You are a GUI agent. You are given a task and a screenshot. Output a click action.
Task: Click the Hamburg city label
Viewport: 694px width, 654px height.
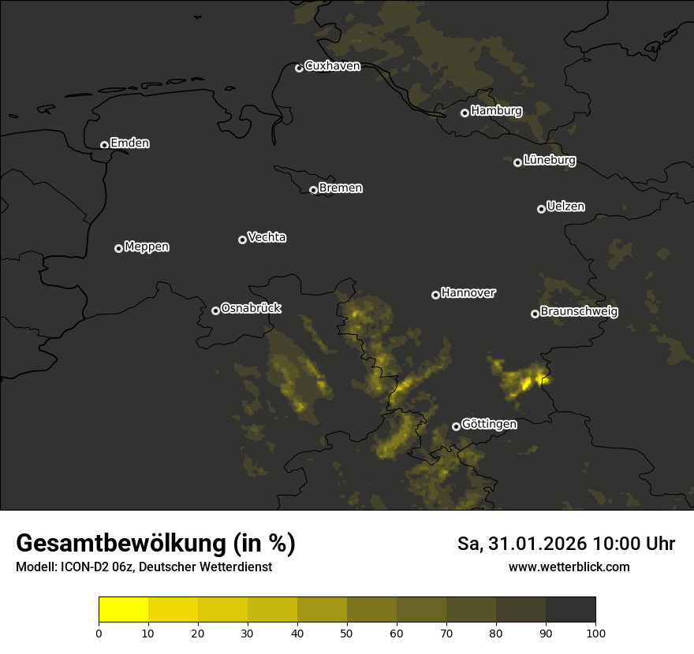pos(496,111)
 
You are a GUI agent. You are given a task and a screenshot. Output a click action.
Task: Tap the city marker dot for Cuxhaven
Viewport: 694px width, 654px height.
pos(299,68)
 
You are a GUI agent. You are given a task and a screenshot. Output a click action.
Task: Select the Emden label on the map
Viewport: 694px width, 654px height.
pos(129,143)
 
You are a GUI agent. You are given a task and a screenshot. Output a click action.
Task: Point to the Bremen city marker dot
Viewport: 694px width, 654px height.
pos(313,190)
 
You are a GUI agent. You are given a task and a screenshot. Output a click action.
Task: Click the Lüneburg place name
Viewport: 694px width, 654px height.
pos(549,161)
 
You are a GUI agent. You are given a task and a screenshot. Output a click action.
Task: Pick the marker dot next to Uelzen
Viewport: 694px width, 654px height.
pos(541,209)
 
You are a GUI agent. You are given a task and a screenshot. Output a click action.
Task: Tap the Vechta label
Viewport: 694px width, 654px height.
pos(267,237)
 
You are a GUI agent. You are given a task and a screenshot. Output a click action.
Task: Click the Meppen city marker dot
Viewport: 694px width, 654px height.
pos(118,248)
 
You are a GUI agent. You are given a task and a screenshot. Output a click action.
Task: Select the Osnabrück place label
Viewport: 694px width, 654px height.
pos(251,308)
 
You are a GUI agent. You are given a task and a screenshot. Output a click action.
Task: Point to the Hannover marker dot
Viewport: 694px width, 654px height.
pos(435,295)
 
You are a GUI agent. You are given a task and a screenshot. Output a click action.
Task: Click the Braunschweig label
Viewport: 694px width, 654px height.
pos(579,312)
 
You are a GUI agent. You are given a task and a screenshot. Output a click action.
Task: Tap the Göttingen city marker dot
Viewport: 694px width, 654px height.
pos(456,426)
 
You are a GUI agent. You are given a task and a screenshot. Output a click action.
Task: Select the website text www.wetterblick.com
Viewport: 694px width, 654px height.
pos(569,567)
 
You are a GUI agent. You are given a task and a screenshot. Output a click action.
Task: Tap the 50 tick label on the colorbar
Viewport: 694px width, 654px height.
pos(347,633)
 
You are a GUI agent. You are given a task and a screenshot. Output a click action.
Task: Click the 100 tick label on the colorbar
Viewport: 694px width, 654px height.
pos(595,633)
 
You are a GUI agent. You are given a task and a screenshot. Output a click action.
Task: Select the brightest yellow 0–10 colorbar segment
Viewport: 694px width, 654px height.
pos(124,610)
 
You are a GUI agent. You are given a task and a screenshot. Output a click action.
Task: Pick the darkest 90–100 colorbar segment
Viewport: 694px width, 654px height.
pos(570,610)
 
